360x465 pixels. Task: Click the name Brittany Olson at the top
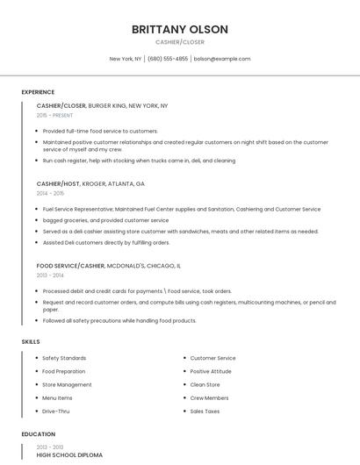pyautogui.click(x=180, y=30)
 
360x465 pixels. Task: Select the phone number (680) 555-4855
pyautogui.click(x=168, y=59)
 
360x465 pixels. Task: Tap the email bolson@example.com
pyautogui.click(x=222, y=59)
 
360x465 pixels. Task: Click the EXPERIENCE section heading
pyautogui.click(x=38, y=92)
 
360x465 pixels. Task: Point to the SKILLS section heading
pyautogui.click(x=30, y=341)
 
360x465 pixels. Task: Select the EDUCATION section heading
pyautogui.click(x=38, y=434)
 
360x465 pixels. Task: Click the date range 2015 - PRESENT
pyautogui.click(x=54, y=115)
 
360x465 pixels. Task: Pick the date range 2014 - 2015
pyautogui.click(x=50, y=193)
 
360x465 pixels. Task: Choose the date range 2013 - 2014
pyautogui.click(x=50, y=275)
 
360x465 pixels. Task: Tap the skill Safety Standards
pyautogui.click(x=64, y=358)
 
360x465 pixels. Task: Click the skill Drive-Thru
pyautogui.click(x=56, y=411)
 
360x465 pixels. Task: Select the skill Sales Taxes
pyautogui.click(x=205, y=411)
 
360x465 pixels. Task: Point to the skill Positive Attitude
pyautogui.click(x=211, y=371)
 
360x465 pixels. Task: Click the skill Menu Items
pyautogui.click(x=57, y=397)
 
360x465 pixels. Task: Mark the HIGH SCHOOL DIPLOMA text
pyautogui.click(x=69, y=455)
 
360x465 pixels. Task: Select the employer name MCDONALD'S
pyautogui.click(x=126, y=265)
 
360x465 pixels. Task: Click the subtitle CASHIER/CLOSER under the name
pyautogui.click(x=180, y=42)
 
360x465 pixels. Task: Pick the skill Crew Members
pyautogui.click(x=209, y=397)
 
